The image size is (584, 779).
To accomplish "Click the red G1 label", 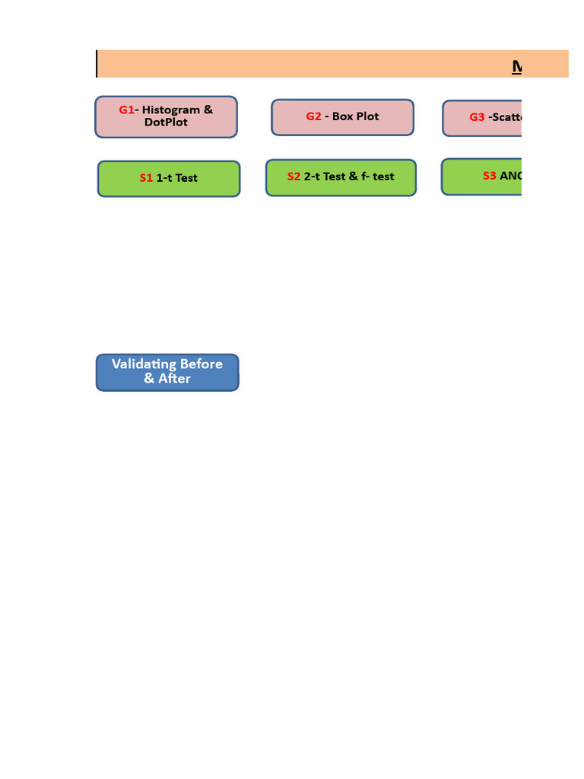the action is (126, 110).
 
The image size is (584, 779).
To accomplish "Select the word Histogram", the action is (171, 110).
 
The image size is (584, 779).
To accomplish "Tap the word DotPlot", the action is (166, 122).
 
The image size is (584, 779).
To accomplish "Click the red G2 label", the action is (314, 116).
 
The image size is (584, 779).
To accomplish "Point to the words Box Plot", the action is (355, 116).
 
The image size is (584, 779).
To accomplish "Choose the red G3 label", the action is (477, 117).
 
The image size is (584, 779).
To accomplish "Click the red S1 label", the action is (146, 178).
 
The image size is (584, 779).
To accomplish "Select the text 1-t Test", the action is (176, 178).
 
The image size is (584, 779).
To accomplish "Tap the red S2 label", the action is (294, 176).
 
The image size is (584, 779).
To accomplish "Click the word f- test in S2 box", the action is (378, 176).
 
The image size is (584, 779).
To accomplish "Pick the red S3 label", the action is (490, 176).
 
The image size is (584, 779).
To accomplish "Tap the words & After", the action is (167, 378).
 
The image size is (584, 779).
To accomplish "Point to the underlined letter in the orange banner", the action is (517, 67).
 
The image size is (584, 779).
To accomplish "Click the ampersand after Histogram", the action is (208, 110).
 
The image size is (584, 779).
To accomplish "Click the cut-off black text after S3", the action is (510, 176).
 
